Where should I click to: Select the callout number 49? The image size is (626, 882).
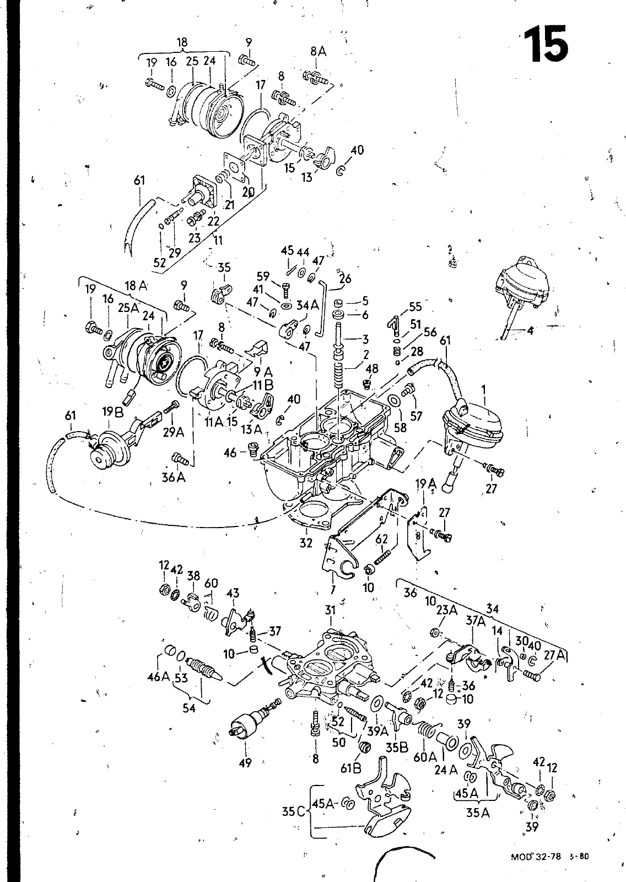point(245,763)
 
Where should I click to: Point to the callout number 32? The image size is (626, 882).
point(306,543)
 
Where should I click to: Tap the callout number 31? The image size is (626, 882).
point(330,610)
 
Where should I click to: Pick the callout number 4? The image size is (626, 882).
point(530,332)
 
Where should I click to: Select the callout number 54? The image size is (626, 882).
point(189,708)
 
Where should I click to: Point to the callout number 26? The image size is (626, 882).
point(345,278)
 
